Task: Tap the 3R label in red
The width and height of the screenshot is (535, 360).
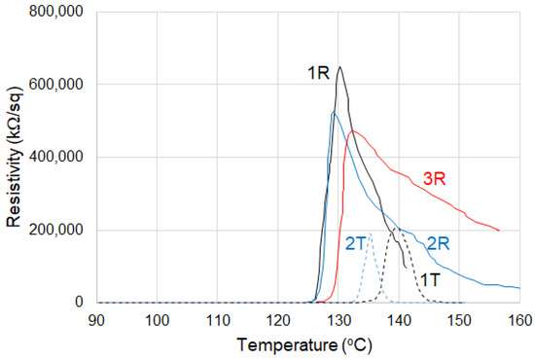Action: point(434,179)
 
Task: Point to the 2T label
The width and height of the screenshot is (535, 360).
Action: point(355,243)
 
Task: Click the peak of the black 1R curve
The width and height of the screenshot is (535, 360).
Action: point(339,67)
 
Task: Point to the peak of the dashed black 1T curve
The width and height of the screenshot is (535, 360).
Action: point(396,231)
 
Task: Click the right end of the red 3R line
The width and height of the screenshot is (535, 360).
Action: point(499,231)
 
